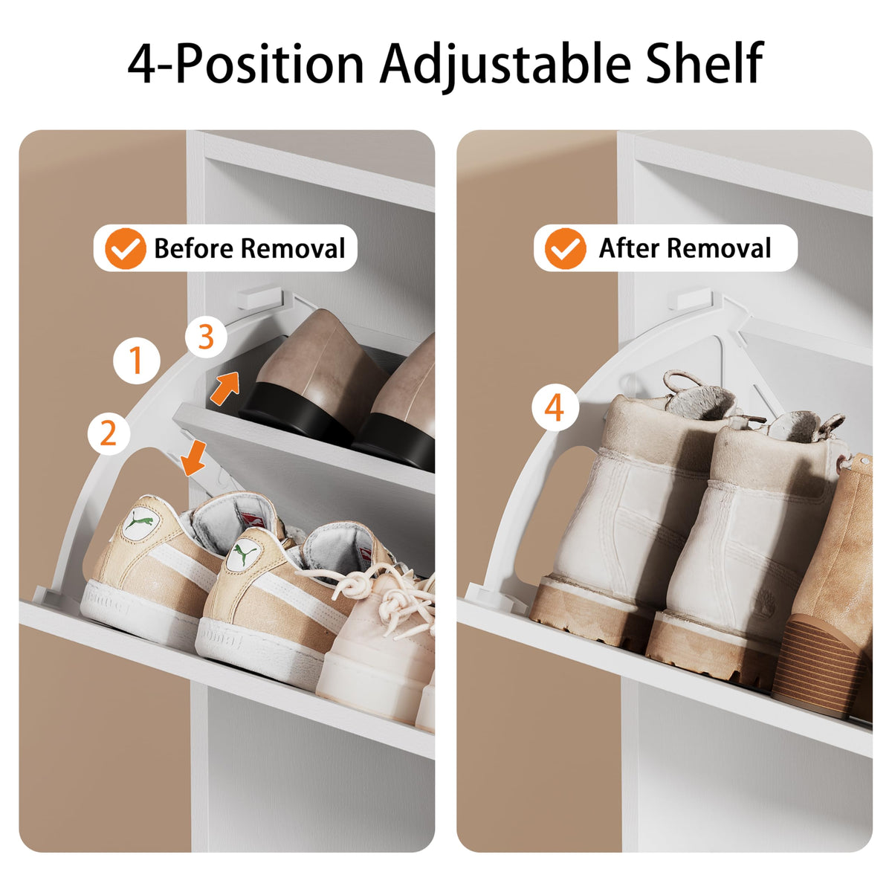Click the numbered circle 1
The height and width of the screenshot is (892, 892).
137,361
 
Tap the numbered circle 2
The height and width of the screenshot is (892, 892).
109,433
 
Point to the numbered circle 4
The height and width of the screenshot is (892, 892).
555,408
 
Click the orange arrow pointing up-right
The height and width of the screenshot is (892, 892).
226,388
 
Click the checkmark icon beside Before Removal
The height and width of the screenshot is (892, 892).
126,248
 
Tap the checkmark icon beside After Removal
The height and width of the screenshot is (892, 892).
565,248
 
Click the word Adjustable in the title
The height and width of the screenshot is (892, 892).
505,64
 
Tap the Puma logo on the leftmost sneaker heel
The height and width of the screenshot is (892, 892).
141,523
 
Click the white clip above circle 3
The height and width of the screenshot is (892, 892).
260,297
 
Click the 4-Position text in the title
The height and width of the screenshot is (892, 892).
245,63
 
